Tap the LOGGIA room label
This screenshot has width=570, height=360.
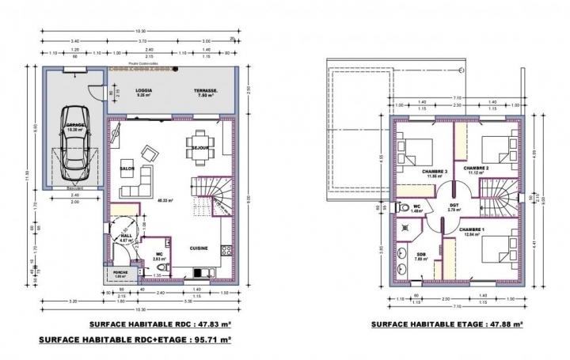pos(143,91)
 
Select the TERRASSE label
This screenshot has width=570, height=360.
pos(206,91)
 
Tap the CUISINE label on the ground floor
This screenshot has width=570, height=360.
pos(199,248)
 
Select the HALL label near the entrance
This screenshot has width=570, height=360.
pos(127,236)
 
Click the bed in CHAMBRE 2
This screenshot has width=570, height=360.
pos(496,148)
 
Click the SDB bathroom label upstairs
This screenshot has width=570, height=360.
pos(421,254)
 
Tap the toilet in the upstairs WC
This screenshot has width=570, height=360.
pos(405,207)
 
